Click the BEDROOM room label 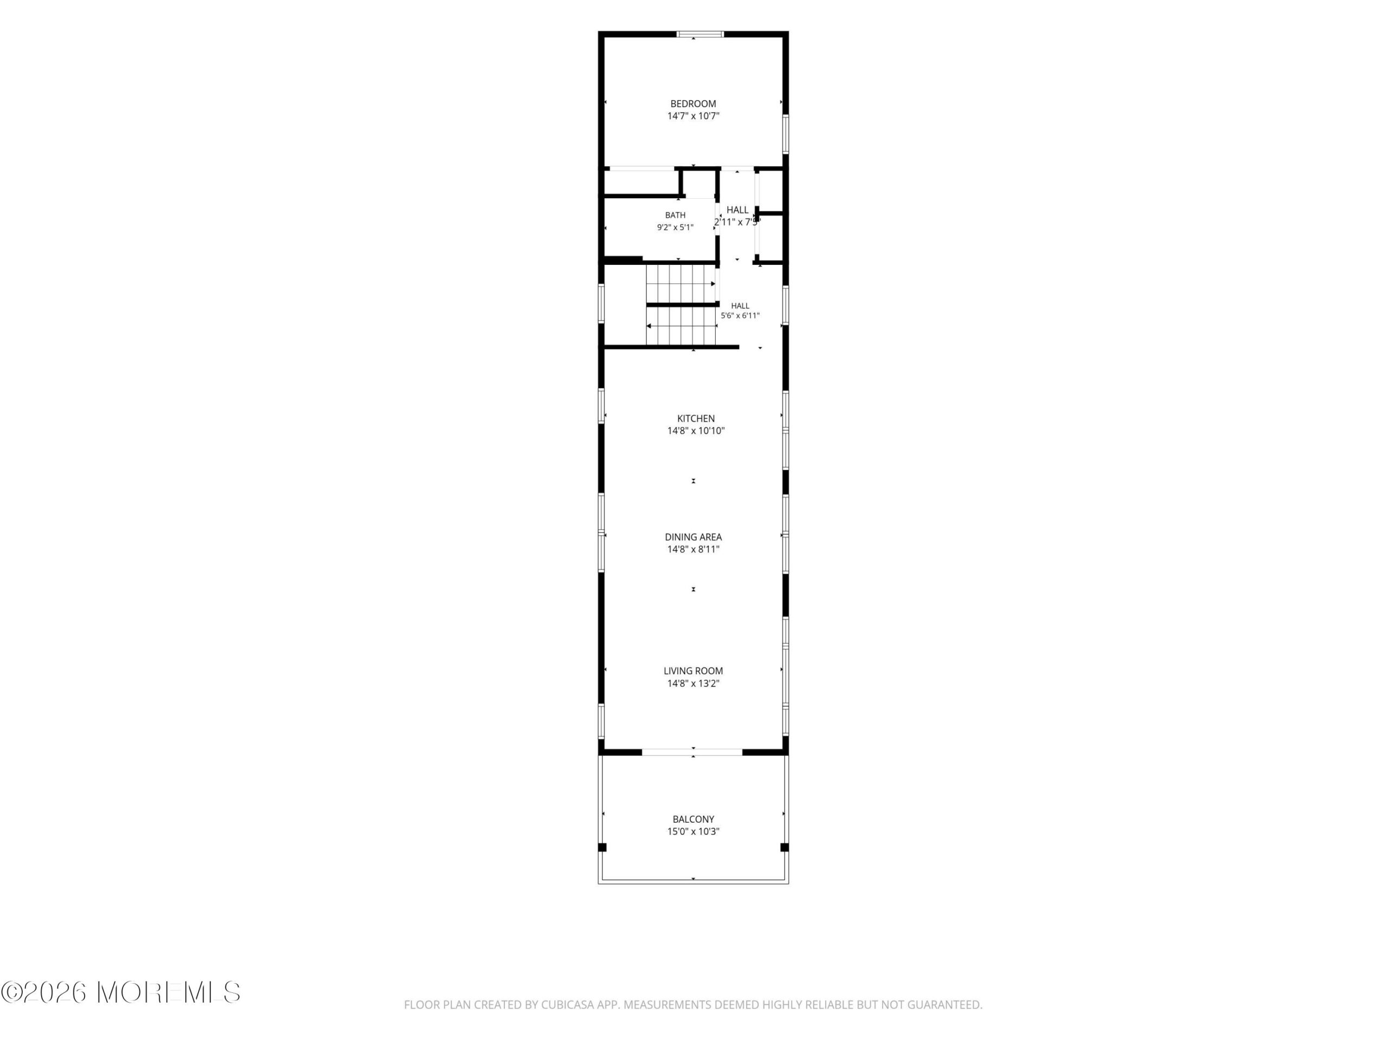(x=693, y=104)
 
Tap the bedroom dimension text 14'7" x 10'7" (x=693, y=116)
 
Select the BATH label (x=675, y=216)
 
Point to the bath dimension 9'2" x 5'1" (x=675, y=227)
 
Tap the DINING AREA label (x=693, y=537)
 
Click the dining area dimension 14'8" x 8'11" (x=693, y=549)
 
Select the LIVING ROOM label (x=693, y=671)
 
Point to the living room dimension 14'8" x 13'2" (x=693, y=683)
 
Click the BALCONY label (x=693, y=820)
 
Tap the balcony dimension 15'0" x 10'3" (x=693, y=832)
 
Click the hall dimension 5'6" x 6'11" (x=740, y=316)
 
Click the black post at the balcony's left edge (x=602, y=848)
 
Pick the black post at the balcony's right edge (x=785, y=848)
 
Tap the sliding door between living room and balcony (x=692, y=752)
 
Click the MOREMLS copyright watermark (x=120, y=992)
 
